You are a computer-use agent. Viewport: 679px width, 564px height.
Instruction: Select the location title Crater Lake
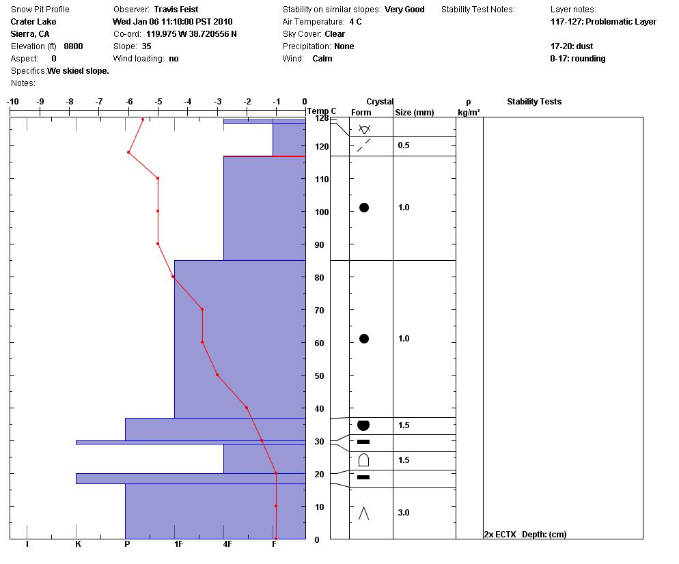coord(33,22)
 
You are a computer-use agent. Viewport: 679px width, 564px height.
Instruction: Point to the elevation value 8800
coord(73,46)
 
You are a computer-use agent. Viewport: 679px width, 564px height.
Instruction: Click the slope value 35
coord(146,46)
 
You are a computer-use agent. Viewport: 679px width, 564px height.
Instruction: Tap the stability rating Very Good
coord(404,10)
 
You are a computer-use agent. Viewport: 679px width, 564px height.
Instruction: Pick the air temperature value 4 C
coord(355,22)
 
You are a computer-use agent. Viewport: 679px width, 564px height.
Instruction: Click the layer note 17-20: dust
coord(572,46)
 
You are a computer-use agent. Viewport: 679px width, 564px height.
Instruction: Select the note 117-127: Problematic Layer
coord(603,22)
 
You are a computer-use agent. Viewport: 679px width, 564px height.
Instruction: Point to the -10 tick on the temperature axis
coord(12,102)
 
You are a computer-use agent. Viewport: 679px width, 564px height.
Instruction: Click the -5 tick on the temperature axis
coord(158,102)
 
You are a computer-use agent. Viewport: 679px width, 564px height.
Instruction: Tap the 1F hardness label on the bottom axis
coord(178,544)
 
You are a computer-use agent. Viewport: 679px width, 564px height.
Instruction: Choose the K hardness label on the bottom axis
coord(78,544)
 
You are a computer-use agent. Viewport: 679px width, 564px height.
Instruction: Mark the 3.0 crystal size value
coord(404,513)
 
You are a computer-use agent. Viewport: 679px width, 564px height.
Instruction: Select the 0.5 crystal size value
coord(404,145)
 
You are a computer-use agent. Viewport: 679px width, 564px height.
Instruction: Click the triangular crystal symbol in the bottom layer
coord(363,513)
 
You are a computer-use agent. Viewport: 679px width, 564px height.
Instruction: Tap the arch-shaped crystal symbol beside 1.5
coord(363,460)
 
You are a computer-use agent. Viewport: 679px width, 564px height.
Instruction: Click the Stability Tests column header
coord(534,102)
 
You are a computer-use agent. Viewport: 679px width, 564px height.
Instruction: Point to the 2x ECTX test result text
coord(500,535)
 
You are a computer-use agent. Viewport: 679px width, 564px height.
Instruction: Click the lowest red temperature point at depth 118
coord(128,152)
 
